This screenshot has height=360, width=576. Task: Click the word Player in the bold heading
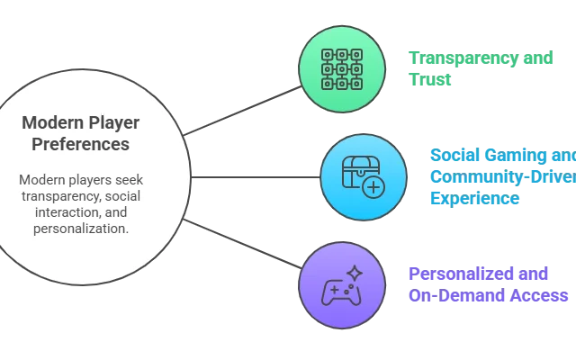tap(106, 122)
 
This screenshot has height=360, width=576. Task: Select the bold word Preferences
tap(79, 144)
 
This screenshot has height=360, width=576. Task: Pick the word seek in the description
tap(130, 180)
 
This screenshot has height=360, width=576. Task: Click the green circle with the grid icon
tap(342, 67)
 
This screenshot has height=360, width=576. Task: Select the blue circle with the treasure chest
tap(364, 175)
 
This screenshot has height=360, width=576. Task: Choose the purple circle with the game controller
tap(342, 284)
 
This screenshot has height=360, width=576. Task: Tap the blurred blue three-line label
tap(499, 176)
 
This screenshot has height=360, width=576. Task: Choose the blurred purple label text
tap(486, 283)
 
